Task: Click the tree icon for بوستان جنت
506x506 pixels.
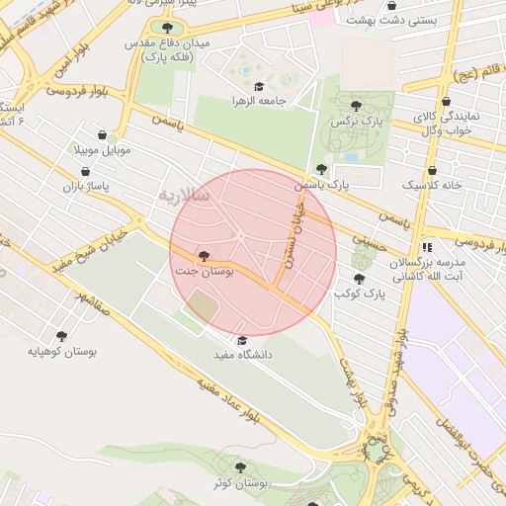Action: [x=205, y=255]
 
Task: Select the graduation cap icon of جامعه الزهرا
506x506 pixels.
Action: [x=259, y=87]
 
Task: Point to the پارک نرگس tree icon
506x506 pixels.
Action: [x=356, y=105]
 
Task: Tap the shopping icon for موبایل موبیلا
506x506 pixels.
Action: [x=103, y=135]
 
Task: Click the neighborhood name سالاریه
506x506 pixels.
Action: [x=184, y=196]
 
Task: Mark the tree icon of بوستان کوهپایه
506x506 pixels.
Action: [x=62, y=336]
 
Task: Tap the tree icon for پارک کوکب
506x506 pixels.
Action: [x=359, y=279]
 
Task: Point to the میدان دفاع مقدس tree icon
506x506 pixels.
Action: [x=166, y=29]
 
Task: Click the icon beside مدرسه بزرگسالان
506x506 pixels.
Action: [x=427, y=248]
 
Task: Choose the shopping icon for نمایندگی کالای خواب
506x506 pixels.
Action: [x=447, y=101]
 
